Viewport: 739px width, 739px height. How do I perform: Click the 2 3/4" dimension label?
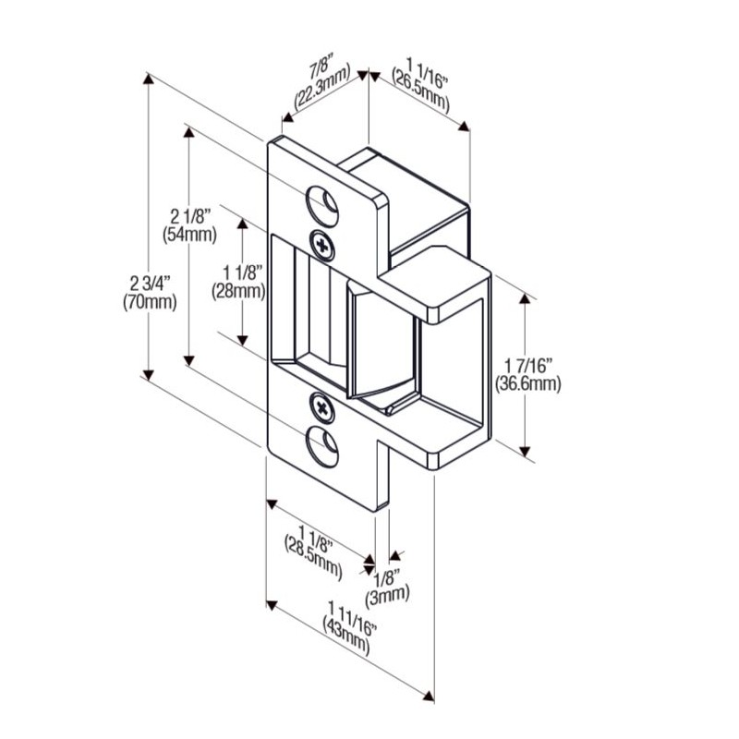(149, 282)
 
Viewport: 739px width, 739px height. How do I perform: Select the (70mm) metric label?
(149, 301)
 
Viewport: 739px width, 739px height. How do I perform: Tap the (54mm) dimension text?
(188, 235)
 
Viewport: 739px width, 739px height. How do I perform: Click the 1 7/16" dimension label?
(527, 365)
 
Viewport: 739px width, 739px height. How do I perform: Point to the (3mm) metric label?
(387, 594)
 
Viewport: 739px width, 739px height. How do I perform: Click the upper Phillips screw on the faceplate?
(322, 243)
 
